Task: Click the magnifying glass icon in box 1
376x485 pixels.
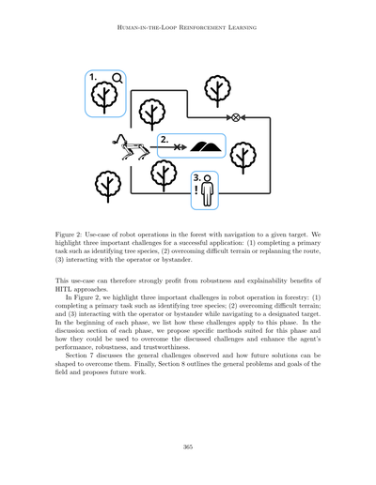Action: (x=117, y=79)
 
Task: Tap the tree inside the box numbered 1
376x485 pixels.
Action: (x=104, y=96)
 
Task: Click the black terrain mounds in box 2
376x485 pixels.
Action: (x=207, y=146)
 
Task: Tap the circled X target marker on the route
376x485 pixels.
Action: (x=236, y=118)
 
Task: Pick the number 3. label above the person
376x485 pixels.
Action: (x=196, y=177)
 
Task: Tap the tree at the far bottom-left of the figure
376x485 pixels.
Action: (x=107, y=185)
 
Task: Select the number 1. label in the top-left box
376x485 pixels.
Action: (x=95, y=78)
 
